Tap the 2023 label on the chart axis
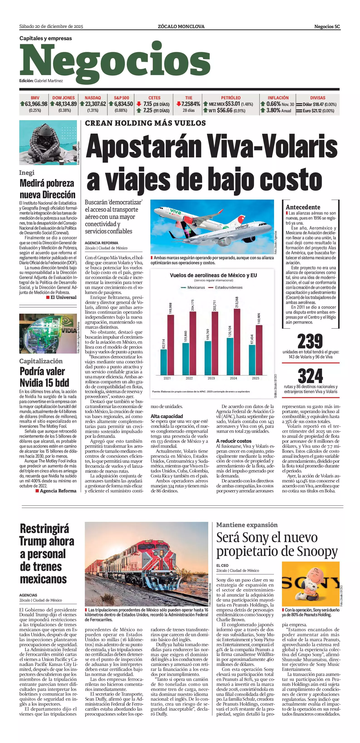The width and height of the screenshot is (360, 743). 211,378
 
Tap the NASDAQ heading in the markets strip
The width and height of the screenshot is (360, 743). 93,98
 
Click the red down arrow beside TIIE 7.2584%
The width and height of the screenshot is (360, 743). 179,104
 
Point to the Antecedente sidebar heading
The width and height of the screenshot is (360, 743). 303,207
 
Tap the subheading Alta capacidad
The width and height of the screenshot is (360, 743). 167,416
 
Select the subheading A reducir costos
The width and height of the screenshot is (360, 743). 234,441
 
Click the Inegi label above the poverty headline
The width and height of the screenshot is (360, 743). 27,172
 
